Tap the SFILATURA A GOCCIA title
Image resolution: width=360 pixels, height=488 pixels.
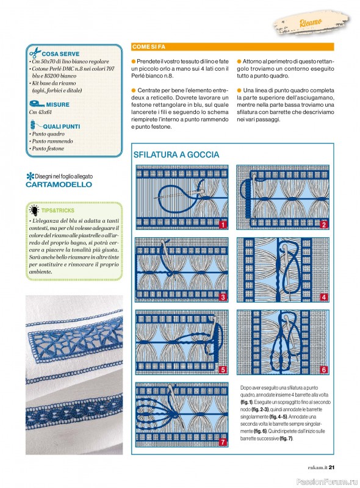pos(176,155)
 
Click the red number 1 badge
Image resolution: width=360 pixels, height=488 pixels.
pos(223,224)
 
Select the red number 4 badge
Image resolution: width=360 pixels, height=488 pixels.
pos(324,297)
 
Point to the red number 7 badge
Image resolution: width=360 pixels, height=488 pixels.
pos(223,442)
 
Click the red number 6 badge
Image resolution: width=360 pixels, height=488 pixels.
pos(324,370)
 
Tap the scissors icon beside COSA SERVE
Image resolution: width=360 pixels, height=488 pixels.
pos(35,52)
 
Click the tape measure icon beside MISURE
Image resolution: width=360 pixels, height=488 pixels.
pos(37,104)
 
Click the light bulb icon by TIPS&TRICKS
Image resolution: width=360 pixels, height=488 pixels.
pos(34,210)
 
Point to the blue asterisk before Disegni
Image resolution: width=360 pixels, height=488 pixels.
pos(31,176)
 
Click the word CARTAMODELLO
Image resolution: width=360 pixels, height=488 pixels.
pos(59,185)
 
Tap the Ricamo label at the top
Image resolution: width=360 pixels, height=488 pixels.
pos(311,23)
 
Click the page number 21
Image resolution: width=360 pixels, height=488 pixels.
pos(331,467)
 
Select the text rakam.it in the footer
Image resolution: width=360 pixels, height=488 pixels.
pos(318,467)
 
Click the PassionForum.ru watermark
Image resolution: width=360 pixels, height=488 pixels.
pos(327,482)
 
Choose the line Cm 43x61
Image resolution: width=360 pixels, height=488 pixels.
pos(40,112)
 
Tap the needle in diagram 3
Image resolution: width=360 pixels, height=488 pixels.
pos(167,254)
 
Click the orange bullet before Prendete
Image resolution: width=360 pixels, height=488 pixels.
pos(134,62)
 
